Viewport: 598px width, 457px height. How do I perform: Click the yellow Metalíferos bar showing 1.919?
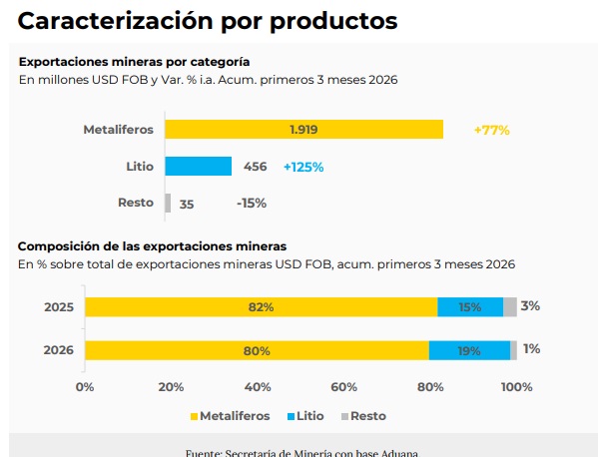coord(303,130)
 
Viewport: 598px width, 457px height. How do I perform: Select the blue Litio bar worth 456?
coord(198,167)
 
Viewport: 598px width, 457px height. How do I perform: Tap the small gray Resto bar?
coord(168,203)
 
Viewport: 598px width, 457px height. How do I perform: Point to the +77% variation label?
coord(491,130)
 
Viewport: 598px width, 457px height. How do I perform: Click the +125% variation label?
coord(303,167)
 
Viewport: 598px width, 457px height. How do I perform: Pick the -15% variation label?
coord(252,204)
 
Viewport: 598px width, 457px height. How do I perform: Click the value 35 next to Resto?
coord(187,204)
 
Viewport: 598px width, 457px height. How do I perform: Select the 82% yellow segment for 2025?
coord(261,307)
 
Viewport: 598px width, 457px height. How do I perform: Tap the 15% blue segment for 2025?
coord(470,307)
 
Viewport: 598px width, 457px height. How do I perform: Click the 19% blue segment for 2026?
coord(470,350)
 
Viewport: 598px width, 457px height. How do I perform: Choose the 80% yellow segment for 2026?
coord(257,350)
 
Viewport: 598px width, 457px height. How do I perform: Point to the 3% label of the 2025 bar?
coord(530,306)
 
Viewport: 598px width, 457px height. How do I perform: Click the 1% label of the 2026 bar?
coord(531,349)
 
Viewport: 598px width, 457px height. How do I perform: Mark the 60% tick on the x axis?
coord(343,387)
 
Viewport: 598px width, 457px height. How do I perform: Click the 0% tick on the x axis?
coord(85,387)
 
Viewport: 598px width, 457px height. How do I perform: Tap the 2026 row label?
coord(59,350)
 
